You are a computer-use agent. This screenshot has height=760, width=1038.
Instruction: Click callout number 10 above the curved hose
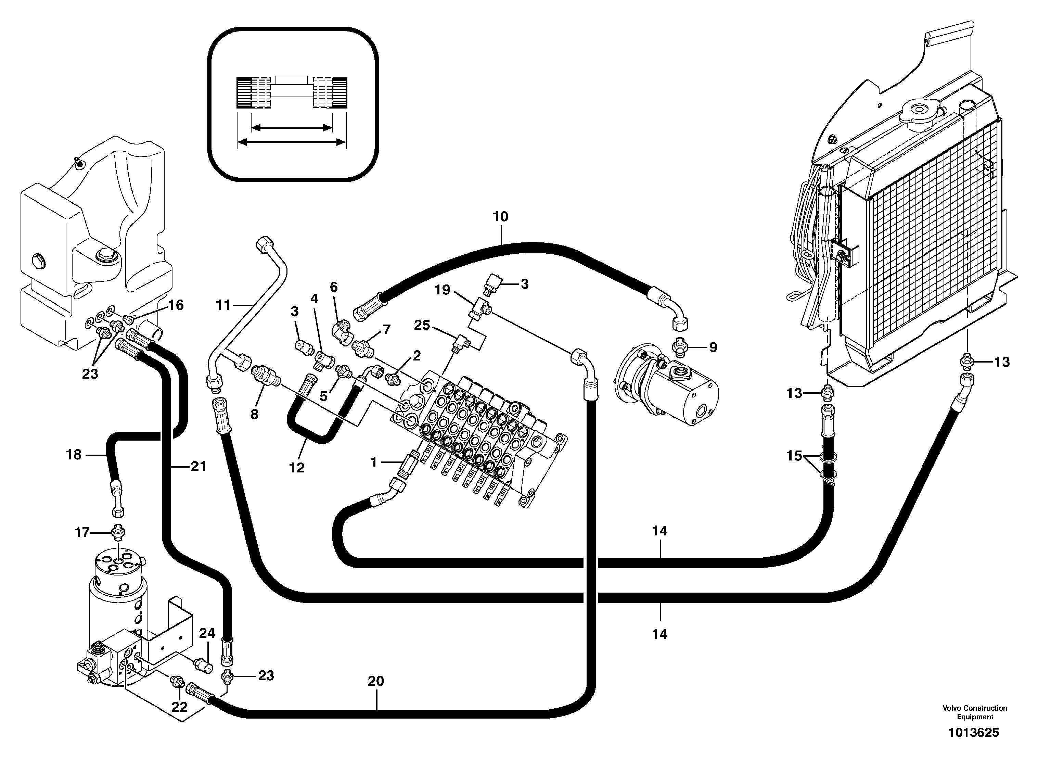500,216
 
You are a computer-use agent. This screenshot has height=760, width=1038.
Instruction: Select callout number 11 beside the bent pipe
223,305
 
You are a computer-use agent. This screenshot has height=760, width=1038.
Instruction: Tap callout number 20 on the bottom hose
376,681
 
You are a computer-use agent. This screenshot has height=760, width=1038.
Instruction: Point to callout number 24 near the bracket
207,633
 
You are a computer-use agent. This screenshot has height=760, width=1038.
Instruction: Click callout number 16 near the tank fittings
176,305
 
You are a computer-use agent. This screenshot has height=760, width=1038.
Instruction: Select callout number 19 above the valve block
443,290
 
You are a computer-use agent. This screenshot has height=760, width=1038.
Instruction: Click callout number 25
422,325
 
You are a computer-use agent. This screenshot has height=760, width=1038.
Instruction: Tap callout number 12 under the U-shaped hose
297,468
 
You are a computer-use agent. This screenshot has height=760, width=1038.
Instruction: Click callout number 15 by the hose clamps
794,457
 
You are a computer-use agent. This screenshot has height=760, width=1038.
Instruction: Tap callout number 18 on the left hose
74,455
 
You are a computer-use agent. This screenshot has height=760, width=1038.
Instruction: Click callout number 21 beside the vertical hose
199,467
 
